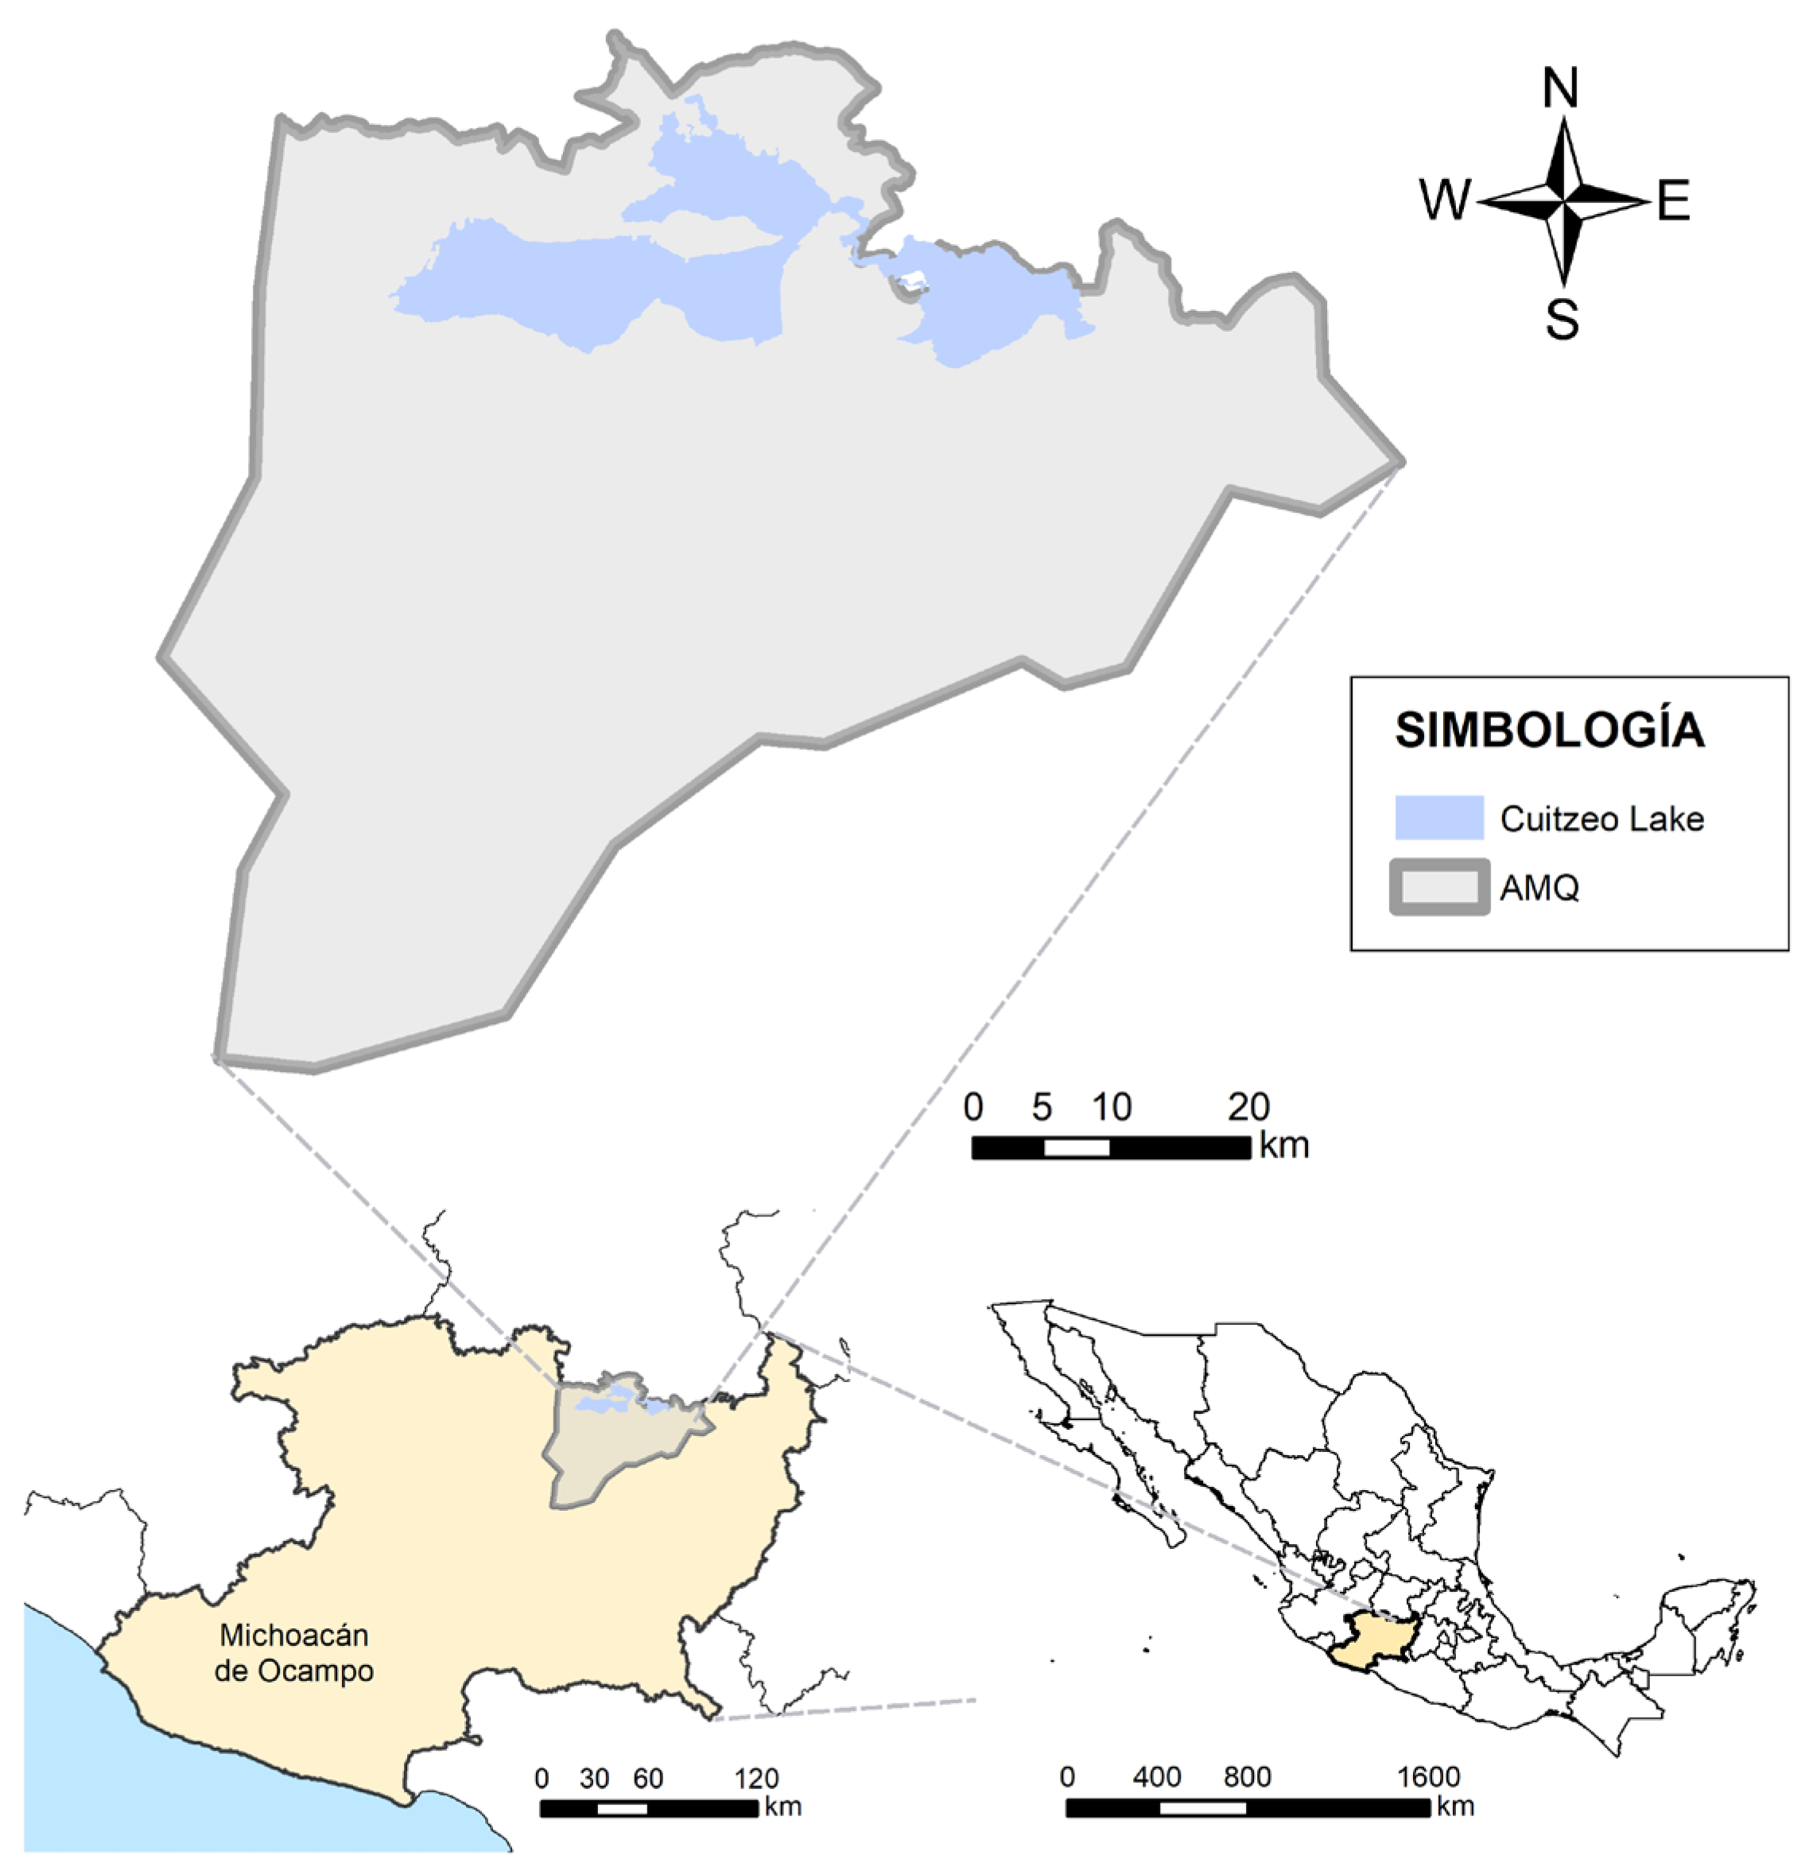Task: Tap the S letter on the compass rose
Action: click(1562, 319)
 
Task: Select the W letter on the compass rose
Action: click(1445, 200)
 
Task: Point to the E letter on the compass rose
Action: click(1674, 201)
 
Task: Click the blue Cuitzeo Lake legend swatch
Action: click(1438, 817)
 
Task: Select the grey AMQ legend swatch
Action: click(1438, 887)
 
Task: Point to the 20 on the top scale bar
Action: click(1248, 1108)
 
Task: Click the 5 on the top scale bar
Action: click(1042, 1108)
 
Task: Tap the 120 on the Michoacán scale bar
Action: click(756, 1779)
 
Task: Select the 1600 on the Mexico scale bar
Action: click(1428, 1776)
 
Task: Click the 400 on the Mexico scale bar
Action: click(1157, 1776)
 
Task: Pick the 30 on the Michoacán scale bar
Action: click(594, 1779)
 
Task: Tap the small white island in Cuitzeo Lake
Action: click(913, 281)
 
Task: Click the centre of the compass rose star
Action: click(1563, 201)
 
